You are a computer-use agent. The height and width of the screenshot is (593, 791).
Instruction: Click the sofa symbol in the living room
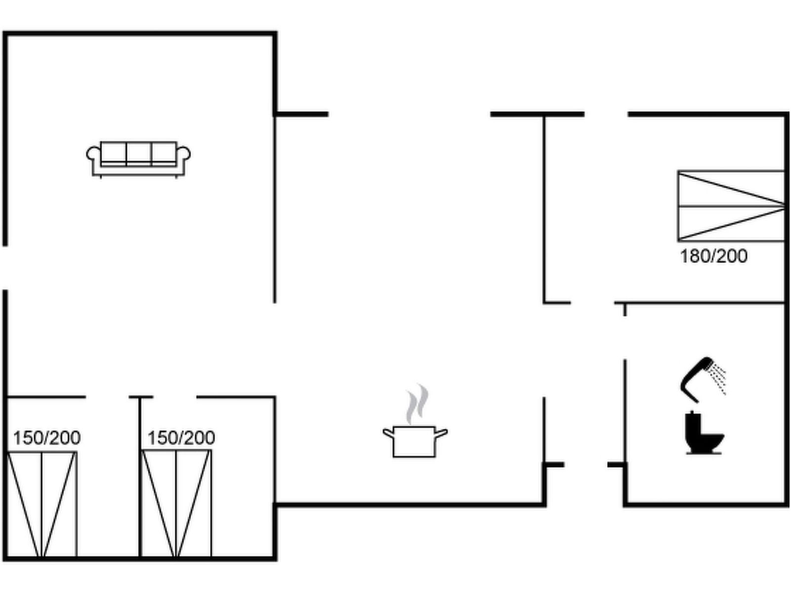click(x=138, y=159)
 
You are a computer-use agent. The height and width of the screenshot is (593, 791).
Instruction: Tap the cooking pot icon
click(x=415, y=441)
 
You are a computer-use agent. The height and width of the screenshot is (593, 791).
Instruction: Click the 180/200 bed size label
click(x=713, y=256)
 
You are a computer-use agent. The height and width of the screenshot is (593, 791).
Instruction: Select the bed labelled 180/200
click(x=731, y=206)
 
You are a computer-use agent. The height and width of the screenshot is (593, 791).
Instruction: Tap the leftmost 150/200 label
click(x=46, y=438)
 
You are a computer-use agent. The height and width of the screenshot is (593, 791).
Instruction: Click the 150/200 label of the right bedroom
click(x=181, y=438)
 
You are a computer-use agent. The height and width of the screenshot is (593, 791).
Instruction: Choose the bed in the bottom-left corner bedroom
click(x=43, y=504)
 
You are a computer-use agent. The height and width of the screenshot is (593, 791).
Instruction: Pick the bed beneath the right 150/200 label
click(x=176, y=504)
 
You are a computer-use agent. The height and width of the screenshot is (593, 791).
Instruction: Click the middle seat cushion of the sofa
click(x=138, y=153)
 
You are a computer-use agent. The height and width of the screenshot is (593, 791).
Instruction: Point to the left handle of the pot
click(x=389, y=433)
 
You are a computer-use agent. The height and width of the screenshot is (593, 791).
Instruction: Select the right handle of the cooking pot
click(x=441, y=433)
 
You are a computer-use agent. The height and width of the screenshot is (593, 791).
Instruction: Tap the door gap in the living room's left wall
click(x=5, y=267)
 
